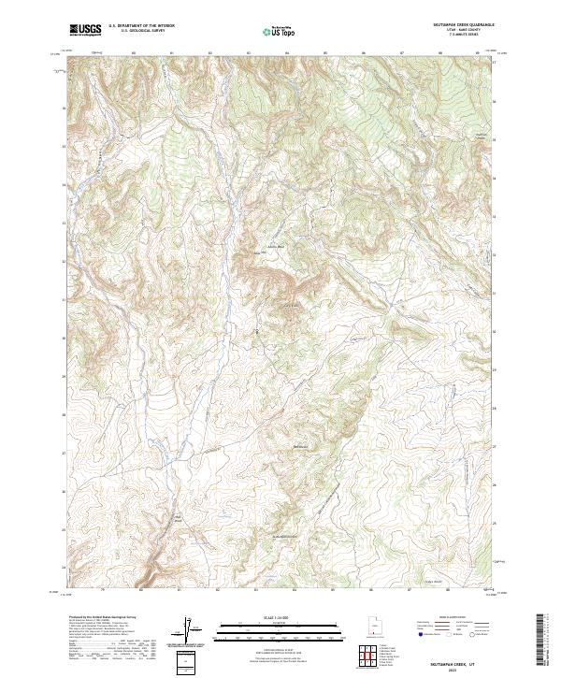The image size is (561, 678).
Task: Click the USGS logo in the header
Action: click(85, 30)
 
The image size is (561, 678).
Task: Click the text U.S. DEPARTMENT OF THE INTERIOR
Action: click(141, 26)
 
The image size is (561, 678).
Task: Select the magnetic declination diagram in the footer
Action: click(188, 629)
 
